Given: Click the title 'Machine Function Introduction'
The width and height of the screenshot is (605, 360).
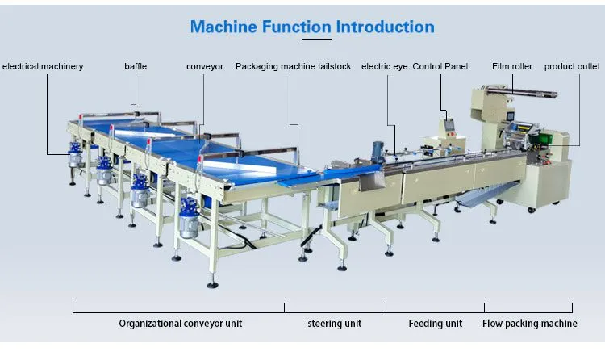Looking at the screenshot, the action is (x=312, y=27).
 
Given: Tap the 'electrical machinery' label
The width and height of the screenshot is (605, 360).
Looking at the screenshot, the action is (x=43, y=66).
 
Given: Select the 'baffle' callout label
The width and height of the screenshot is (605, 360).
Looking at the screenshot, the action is (x=136, y=66).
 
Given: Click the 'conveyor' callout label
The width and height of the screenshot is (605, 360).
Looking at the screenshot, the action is (x=205, y=66).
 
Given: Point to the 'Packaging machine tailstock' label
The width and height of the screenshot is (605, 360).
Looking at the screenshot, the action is (x=294, y=66).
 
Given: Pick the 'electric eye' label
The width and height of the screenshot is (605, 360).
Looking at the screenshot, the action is (x=384, y=66).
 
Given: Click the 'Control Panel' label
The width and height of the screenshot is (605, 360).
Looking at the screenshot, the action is (x=440, y=66).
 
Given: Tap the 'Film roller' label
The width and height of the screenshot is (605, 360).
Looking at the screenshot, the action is (x=512, y=66).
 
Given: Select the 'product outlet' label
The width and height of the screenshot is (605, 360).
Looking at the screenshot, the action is (x=572, y=66).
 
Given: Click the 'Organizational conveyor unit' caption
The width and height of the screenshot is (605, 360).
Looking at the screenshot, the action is (x=180, y=324).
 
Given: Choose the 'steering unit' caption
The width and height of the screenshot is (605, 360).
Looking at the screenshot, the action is (x=335, y=324).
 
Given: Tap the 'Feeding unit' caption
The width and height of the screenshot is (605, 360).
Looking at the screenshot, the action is (x=436, y=324).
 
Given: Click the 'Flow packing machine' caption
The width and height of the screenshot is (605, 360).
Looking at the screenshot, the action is (x=530, y=324).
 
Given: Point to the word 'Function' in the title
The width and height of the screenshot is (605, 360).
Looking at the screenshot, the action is (x=296, y=27).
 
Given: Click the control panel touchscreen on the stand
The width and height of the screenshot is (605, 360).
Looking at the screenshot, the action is (x=449, y=125).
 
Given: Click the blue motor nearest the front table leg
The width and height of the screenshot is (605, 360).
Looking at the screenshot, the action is (x=189, y=218).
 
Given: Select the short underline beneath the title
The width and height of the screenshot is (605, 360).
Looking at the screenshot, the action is (x=317, y=39).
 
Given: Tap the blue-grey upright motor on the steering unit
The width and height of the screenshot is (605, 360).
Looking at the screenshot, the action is (x=377, y=151).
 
